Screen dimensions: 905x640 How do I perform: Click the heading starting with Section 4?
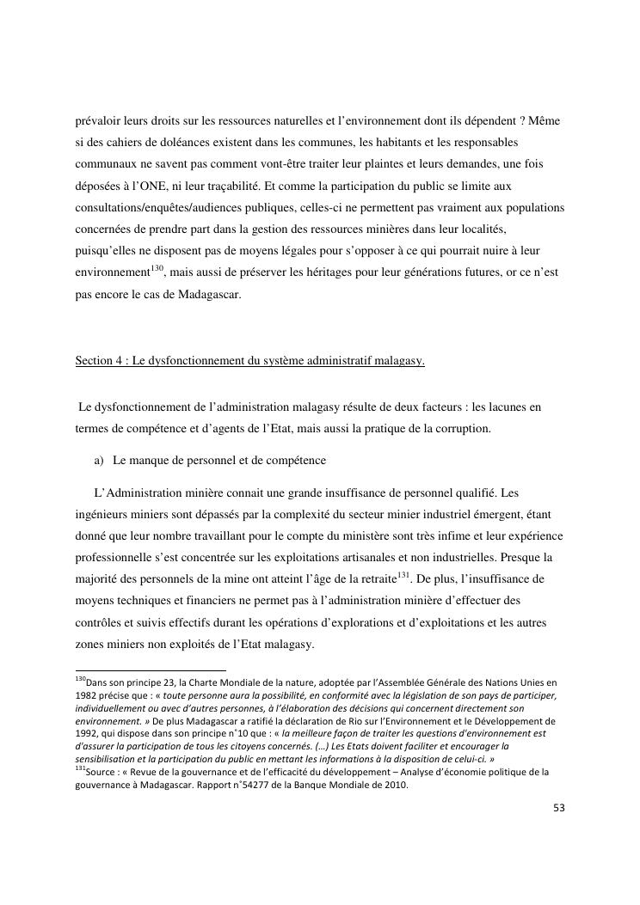[250, 361]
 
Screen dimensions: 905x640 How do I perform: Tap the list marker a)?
[99, 461]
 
